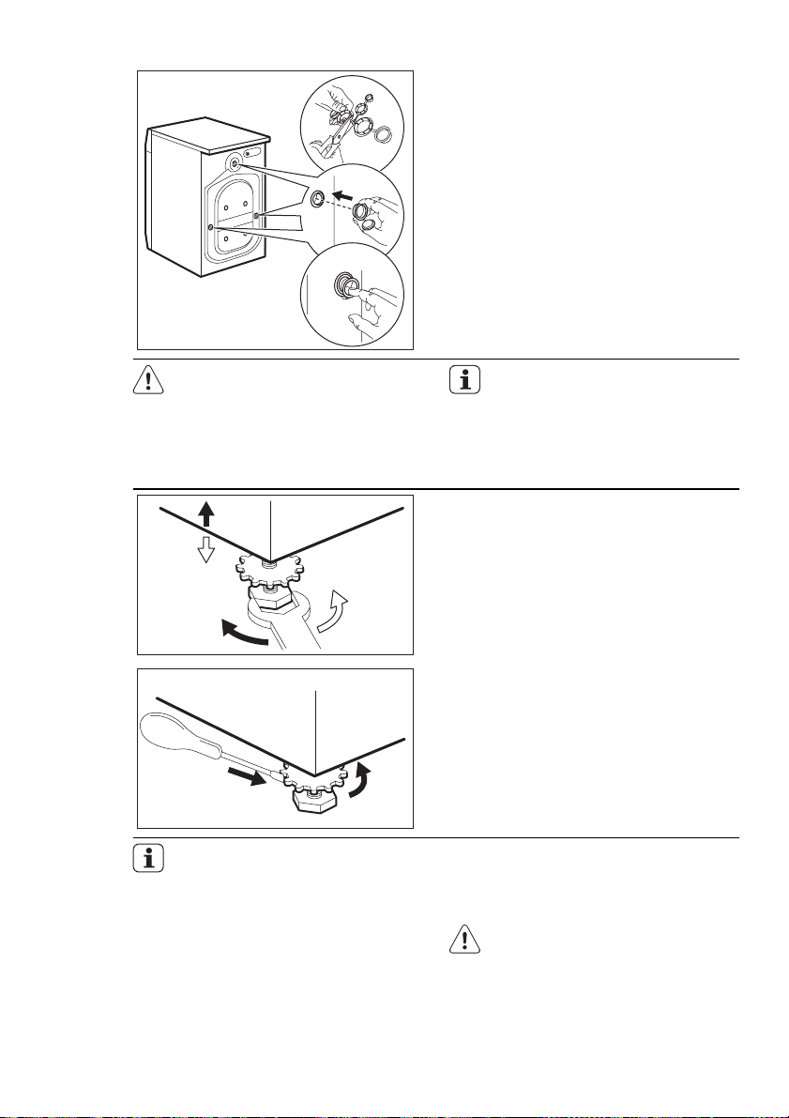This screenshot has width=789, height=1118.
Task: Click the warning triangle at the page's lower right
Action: pos(463,941)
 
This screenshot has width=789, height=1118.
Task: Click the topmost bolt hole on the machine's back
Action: pos(234,163)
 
